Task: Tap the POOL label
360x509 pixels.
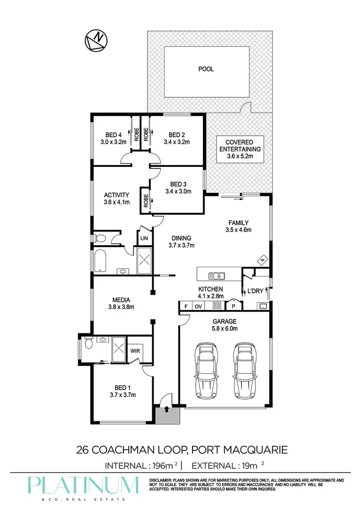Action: [x=206, y=69]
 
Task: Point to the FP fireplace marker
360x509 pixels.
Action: [x=262, y=260]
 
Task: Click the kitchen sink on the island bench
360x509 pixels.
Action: [x=217, y=276]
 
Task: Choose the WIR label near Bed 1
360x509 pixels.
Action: [x=136, y=351]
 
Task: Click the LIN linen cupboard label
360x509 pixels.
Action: [x=144, y=238]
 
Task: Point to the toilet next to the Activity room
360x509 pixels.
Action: [x=100, y=238]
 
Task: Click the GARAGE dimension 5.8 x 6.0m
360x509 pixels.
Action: [x=224, y=329]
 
